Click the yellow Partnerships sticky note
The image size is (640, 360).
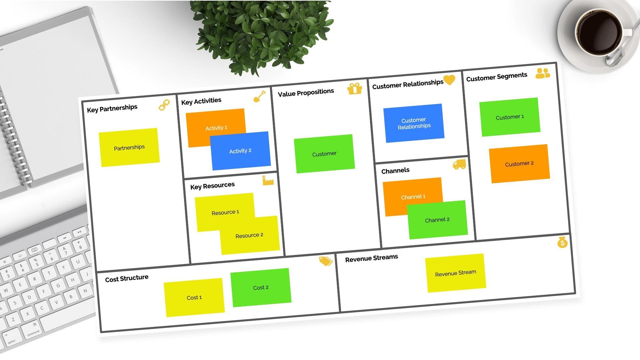[129, 147]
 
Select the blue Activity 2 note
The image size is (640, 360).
[240, 151]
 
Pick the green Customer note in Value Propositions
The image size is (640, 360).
[324, 154]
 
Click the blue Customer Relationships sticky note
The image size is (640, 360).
[414, 123]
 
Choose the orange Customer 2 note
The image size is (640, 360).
[519, 164]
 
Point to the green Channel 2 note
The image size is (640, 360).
[437, 220]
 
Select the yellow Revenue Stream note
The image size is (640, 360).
[455, 273]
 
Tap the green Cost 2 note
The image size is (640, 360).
[261, 287]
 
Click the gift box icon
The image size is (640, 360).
[355, 89]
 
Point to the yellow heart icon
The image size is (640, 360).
[449, 80]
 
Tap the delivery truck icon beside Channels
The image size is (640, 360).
[459, 164]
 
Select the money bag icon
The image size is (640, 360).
[562, 242]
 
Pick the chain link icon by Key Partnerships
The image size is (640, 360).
[164, 105]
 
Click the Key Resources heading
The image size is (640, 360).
[212, 186]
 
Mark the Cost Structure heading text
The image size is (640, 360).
[127, 278]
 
